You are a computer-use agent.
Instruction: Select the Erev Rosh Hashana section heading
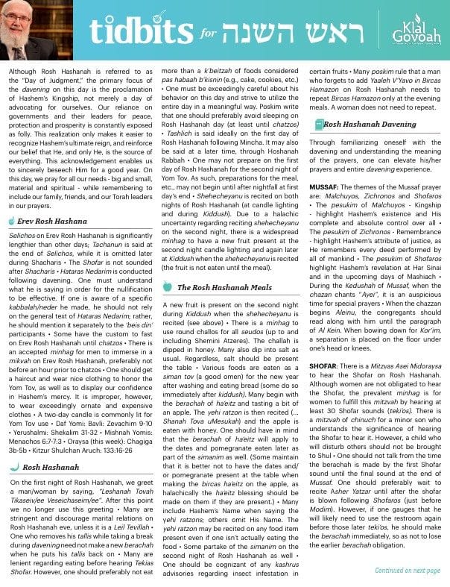tap(51, 201)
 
